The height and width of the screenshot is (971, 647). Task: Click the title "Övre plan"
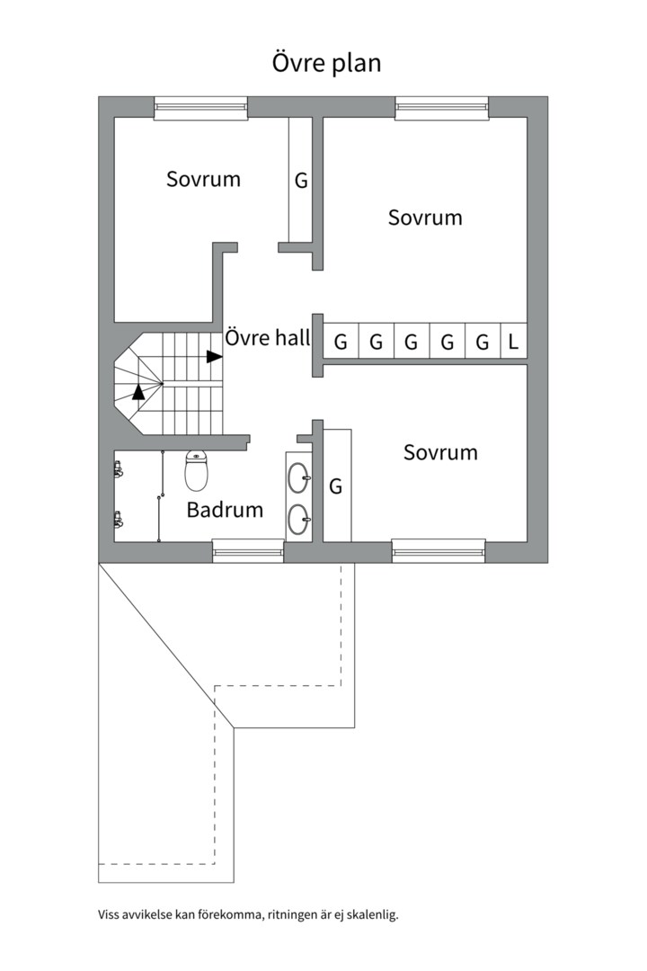(327, 64)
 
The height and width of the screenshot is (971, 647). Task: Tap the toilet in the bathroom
(196, 469)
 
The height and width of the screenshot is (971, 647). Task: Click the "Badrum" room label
(225, 510)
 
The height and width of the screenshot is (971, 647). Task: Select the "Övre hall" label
(267, 339)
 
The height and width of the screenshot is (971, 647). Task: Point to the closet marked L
(513, 342)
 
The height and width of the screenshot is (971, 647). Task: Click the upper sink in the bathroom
(298, 477)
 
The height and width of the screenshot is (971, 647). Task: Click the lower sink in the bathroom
(298, 517)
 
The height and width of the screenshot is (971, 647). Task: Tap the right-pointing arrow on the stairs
(214, 356)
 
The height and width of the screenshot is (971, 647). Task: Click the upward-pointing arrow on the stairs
(137, 391)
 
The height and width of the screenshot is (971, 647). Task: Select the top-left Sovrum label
(203, 179)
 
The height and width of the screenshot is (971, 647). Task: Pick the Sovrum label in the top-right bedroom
(425, 218)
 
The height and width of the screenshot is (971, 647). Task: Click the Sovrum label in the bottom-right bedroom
(440, 452)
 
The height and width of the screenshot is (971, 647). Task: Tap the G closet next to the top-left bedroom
(300, 180)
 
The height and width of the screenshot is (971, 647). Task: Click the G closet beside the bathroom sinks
(336, 486)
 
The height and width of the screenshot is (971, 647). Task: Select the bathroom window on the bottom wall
(248, 549)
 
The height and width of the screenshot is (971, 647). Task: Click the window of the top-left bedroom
(200, 107)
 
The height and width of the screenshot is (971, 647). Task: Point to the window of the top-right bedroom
(442, 107)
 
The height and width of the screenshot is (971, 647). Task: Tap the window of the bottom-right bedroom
(439, 549)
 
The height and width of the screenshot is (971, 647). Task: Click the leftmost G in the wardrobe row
(341, 342)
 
